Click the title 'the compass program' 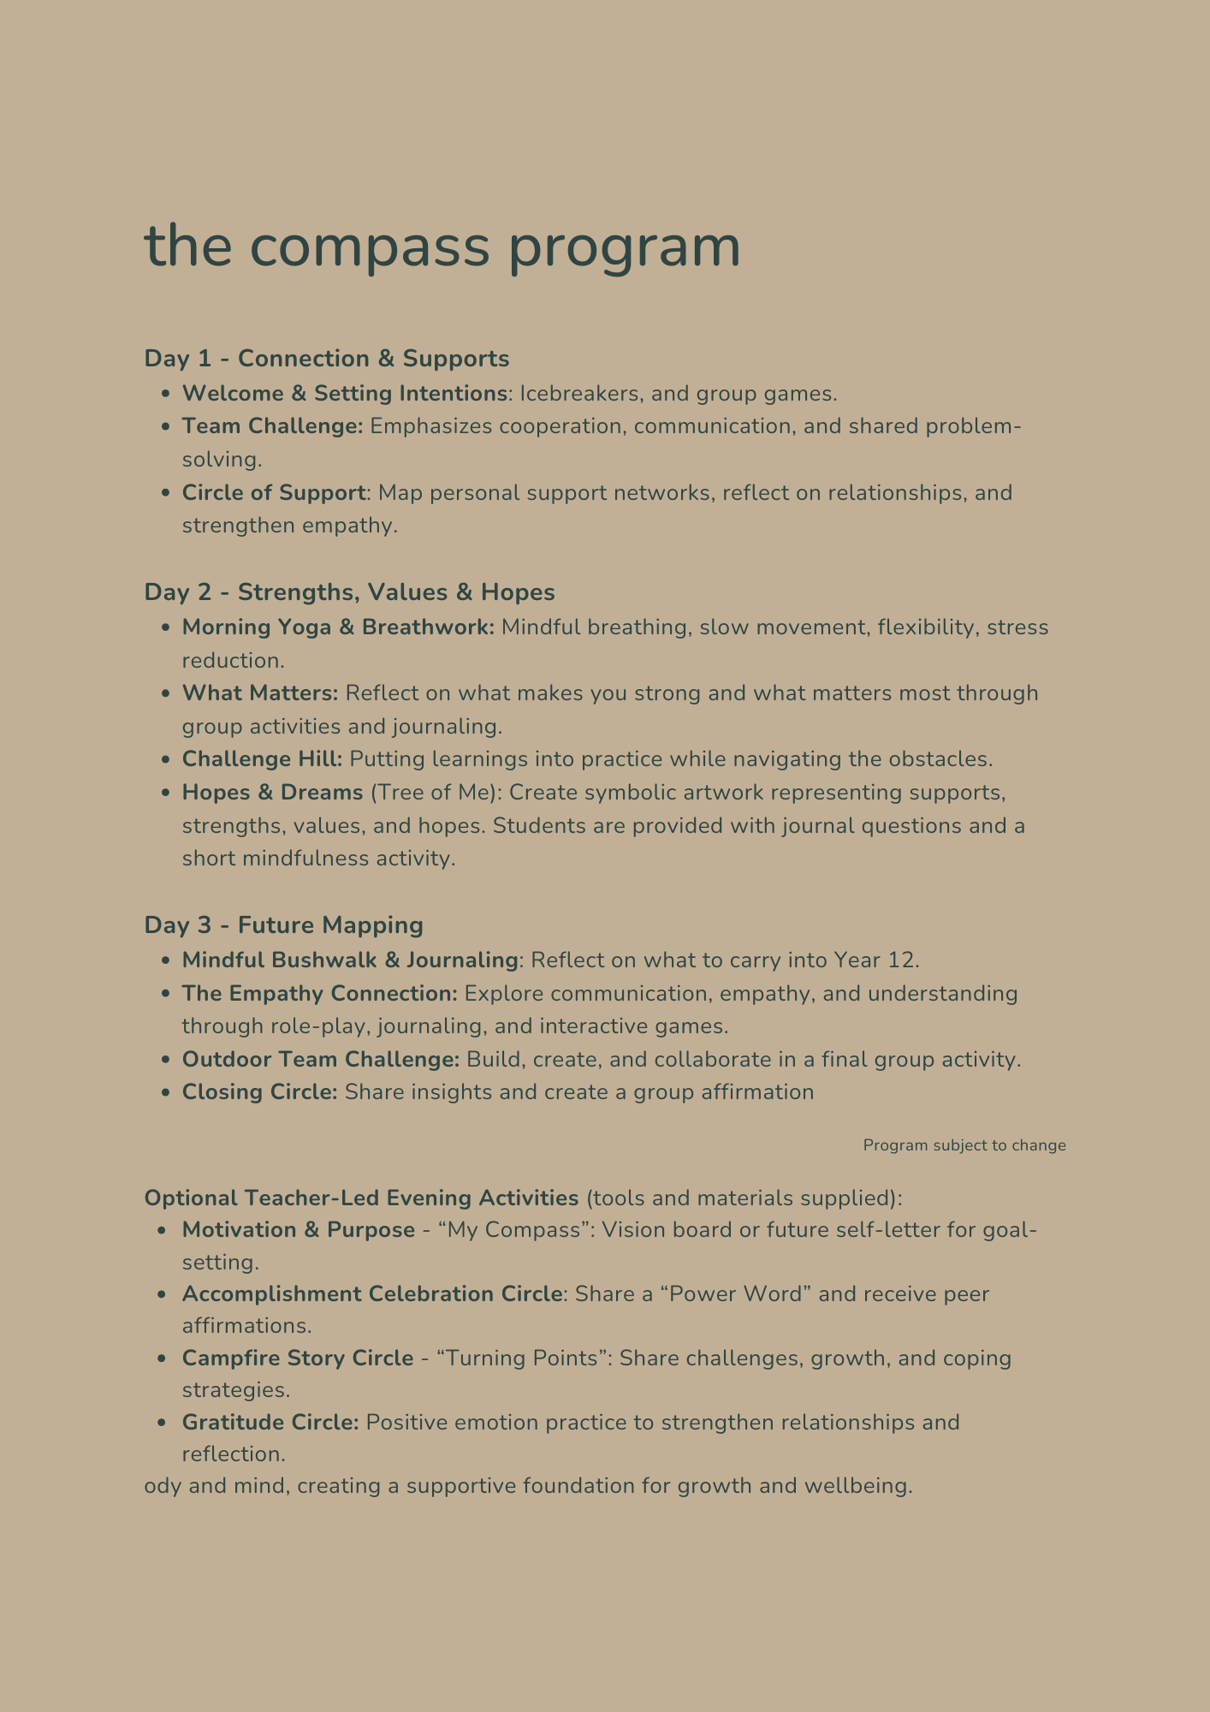pyautogui.click(x=442, y=247)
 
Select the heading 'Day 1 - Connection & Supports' pyautogui.click(x=326, y=359)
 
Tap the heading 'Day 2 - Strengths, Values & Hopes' pyautogui.click(x=349, y=592)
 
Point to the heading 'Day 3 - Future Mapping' pyautogui.click(x=283, y=925)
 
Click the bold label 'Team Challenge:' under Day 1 pyautogui.click(x=273, y=426)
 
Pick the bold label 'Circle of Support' pyautogui.click(x=274, y=493)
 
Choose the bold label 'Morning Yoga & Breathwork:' pyautogui.click(x=338, y=627)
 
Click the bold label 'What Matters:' pyautogui.click(x=260, y=693)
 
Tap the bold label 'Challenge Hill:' pyautogui.click(x=262, y=759)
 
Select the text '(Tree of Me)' pyautogui.click(x=435, y=793)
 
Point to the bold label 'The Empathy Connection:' pyautogui.click(x=320, y=994)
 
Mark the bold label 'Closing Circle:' pyautogui.click(x=260, y=1092)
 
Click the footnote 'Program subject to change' pyautogui.click(x=964, y=1145)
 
